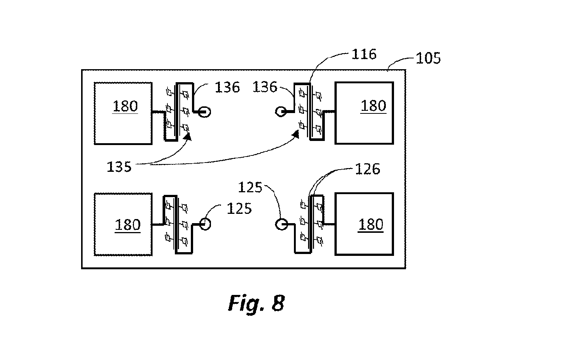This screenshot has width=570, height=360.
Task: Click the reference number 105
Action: point(428,58)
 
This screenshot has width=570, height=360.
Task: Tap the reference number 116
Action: point(364,54)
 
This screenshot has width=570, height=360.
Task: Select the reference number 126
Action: point(368,169)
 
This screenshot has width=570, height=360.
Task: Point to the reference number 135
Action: point(119,167)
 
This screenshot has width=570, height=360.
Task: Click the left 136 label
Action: point(227,87)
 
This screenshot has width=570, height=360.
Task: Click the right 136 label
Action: point(265,87)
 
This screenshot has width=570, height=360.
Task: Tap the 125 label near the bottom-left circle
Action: point(239,209)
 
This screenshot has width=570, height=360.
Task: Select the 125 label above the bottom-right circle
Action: point(250,187)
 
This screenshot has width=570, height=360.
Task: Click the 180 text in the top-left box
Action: point(125,106)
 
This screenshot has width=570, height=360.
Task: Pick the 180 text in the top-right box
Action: point(373,106)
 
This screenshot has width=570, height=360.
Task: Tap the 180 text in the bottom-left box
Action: point(128,225)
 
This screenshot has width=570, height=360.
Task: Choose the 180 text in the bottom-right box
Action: point(371,225)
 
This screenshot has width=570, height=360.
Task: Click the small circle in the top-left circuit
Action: point(204,112)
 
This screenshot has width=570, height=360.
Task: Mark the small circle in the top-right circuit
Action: point(281,112)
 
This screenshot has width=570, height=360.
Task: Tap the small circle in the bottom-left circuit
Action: point(205,224)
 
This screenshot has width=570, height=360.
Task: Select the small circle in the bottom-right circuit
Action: point(281,224)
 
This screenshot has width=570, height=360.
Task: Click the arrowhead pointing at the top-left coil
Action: point(188,136)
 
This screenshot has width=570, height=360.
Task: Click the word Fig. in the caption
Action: point(246,303)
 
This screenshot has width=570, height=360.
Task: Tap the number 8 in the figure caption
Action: point(278,303)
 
